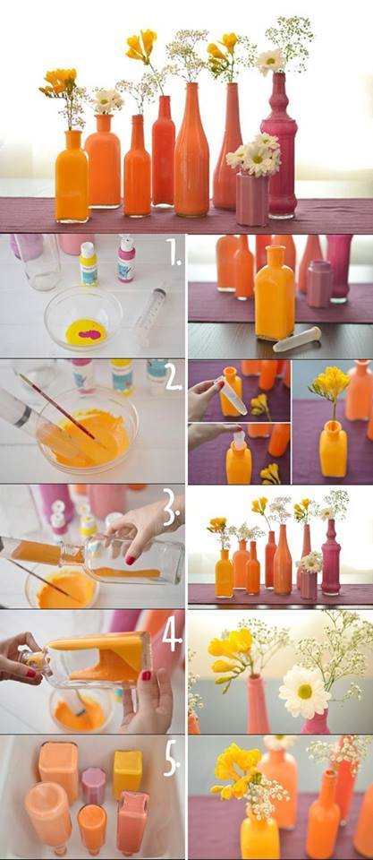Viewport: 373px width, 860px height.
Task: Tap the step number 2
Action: coord(173,378)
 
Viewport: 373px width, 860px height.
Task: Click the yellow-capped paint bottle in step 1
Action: coord(88,263)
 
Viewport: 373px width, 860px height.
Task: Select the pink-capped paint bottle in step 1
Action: coord(126,258)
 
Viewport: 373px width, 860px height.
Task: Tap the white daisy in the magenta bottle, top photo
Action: coord(270,62)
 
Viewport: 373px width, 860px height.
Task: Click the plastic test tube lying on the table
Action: coord(297,339)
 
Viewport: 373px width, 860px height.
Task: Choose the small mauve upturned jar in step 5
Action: coord(94,786)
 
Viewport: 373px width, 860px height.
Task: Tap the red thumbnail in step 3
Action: coord(131,560)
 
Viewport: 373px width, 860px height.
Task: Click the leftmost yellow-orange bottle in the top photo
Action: coord(72,176)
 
